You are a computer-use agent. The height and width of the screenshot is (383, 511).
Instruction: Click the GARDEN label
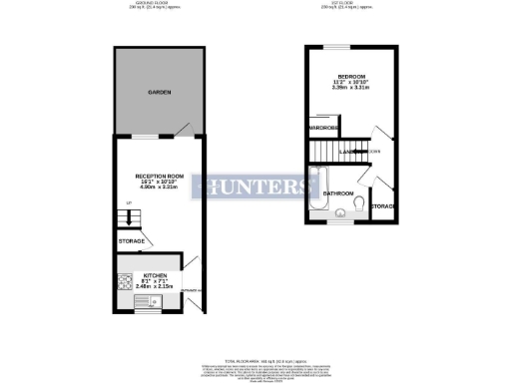[x=160, y=92]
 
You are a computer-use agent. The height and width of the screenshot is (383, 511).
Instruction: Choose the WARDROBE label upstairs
[x=324, y=129]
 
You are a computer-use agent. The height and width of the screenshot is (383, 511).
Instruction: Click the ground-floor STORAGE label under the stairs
[x=132, y=241]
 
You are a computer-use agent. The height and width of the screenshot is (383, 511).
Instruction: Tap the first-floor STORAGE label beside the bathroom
[x=384, y=205]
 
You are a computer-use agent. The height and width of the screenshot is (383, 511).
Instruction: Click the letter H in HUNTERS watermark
[x=217, y=187]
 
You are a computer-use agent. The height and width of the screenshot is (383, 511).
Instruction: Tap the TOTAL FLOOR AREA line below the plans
[x=255, y=357]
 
